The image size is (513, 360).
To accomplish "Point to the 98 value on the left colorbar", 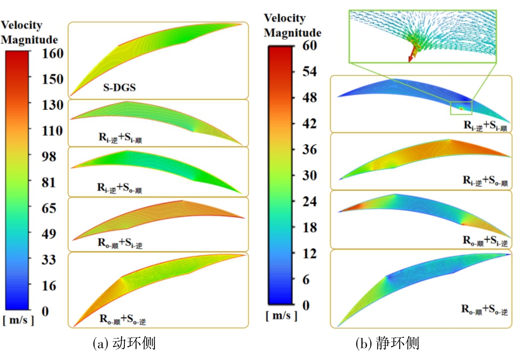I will pyautogui.click(x=50, y=156).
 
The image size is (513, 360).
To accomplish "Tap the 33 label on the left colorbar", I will pyautogui.click(x=50, y=259).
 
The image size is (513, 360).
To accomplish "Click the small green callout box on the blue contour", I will pyautogui.click(x=461, y=108).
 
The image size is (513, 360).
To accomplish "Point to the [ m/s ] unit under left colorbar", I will pyautogui.click(x=18, y=321).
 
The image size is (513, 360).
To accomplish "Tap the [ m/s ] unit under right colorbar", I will pyautogui.click(x=281, y=316).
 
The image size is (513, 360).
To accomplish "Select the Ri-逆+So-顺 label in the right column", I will pyautogui.click(x=485, y=181).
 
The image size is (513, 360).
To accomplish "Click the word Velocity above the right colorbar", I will pyautogui.click(x=285, y=18).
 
